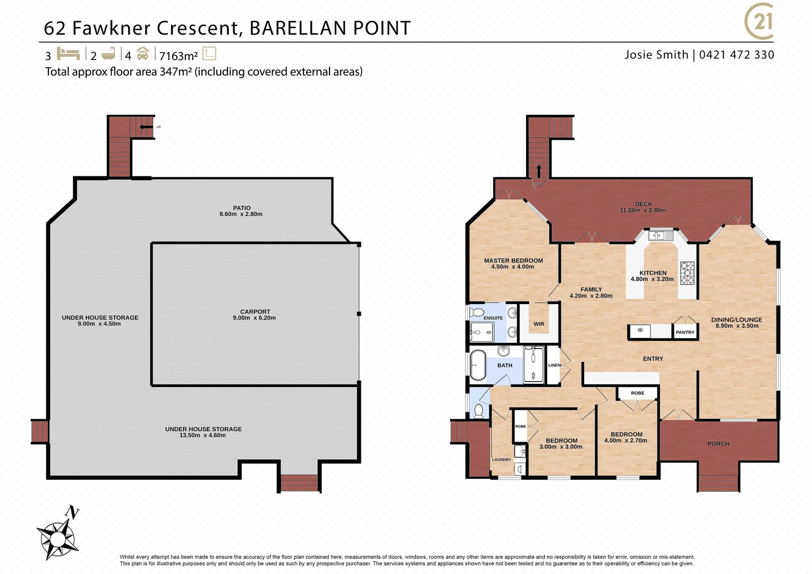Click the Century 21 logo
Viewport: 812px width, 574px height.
pyautogui.click(x=759, y=22)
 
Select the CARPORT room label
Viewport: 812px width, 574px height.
pyautogui.click(x=255, y=312)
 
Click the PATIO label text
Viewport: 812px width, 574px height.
pyautogui.click(x=241, y=208)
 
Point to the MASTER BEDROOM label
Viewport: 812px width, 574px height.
pyautogui.click(x=513, y=260)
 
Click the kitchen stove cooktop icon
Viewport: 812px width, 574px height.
pyautogui.click(x=687, y=273)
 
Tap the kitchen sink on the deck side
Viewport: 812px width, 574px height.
pyautogui.click(x=661, y=235)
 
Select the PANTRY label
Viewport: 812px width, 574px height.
pyautogui.click(x=685, y=332)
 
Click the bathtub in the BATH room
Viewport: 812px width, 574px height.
pyautogui.click(x=478, y=365)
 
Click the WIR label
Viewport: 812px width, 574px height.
pyautogui.click(x=539, y=324)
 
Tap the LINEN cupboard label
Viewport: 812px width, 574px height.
pyautogui.click(x=554, y=365)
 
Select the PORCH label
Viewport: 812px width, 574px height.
pyautogui.click(x=718, y=443)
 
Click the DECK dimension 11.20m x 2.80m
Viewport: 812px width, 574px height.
pyautogui.click(x=642, y=210)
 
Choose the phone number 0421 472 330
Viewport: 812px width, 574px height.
pyautogui.click(x=737, y=55)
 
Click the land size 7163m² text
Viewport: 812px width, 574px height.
pyautogui.click(x=179, y=56)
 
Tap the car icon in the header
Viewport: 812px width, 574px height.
pyautogui.click(x=142, y=54)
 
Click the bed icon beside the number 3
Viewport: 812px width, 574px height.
pyautogui.click(x=68, y=54)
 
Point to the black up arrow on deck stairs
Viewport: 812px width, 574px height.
pyautogui.click(x=539, y=171)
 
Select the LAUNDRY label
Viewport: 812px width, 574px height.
pyautogui.click(x=501, y=459)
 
